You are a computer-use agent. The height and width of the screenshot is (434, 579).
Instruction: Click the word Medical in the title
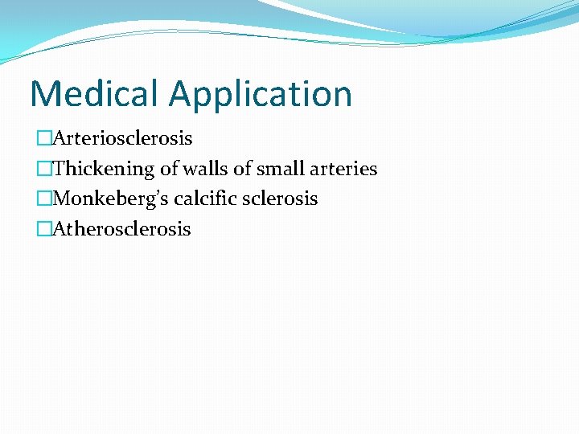[x=95, y=94]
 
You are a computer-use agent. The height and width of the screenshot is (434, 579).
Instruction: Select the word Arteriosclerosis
[x=122, y=138]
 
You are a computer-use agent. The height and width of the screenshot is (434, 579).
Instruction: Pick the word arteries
[x=343, y=169]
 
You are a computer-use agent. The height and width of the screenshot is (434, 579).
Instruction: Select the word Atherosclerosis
[x=121, y=229]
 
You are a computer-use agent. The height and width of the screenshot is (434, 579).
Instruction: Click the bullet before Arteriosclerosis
[x=43, y=138]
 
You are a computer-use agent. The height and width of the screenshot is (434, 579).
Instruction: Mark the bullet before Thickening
[x=43, y=169]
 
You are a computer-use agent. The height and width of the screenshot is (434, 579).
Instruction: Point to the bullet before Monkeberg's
[x=43, y=199]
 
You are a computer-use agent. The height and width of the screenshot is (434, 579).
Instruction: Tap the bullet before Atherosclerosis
[x=43, y=229]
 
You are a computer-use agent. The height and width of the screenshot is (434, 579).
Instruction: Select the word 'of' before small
[x=243, y=169]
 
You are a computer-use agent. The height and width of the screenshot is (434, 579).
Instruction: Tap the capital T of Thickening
[x=58, y=169]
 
